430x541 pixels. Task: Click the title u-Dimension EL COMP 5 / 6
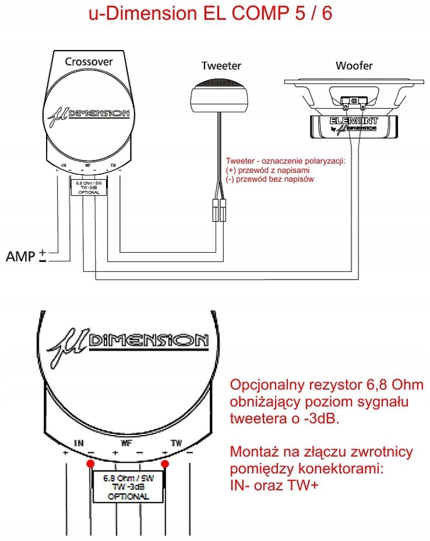coord(210,14)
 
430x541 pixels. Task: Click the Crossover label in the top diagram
coord(89,61)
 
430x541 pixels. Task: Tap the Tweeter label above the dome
coord(221,65)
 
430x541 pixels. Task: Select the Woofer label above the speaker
coord(354,65)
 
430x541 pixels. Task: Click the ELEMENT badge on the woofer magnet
coord(354,123)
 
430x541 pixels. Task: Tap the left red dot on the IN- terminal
coord(90,464)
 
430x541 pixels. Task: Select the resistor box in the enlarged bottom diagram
coord(128,485)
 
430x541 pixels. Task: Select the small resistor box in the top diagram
coord(88,186)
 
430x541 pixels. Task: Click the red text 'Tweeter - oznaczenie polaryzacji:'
coord(285,161)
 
